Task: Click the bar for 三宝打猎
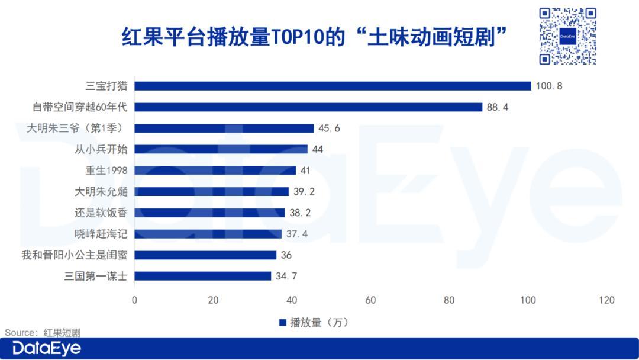click(x=333, y=86)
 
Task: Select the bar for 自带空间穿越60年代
click(x=308, y=107)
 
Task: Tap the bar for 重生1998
click(x=215, y=171)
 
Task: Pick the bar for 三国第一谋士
click(x=203, y=276)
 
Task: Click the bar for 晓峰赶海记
click(x=208, y=234)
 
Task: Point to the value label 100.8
click(x=549, y=86)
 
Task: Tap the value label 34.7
click(x=286, y=276)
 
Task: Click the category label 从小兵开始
click(x=101, y=149)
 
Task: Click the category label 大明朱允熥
click(x=101, y=192)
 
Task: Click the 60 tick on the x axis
click(x=371, y=300)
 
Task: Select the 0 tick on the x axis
click(x=134, y=300)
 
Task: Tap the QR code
click(x=567, y=36)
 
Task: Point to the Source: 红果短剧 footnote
click(x=43, y=333)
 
